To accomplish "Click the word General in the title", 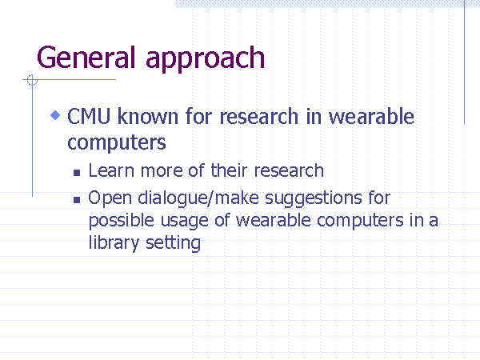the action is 86,58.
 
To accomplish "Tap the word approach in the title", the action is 205,60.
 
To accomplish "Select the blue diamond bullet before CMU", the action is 55,115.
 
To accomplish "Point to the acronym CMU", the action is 89,116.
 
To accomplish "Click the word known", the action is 148,116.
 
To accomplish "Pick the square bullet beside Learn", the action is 77,173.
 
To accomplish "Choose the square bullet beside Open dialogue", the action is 77,200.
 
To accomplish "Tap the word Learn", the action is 111,170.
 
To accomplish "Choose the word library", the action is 114,243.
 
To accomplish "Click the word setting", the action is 173,243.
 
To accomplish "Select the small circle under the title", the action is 32,80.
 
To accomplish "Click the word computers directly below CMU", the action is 117,142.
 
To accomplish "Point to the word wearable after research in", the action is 371,116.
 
